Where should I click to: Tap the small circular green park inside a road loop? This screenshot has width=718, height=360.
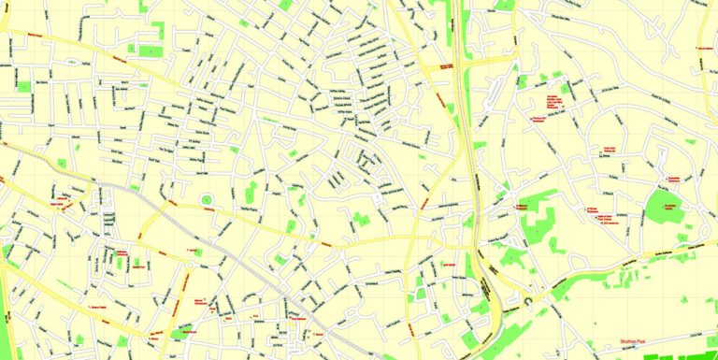click(207, 198)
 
